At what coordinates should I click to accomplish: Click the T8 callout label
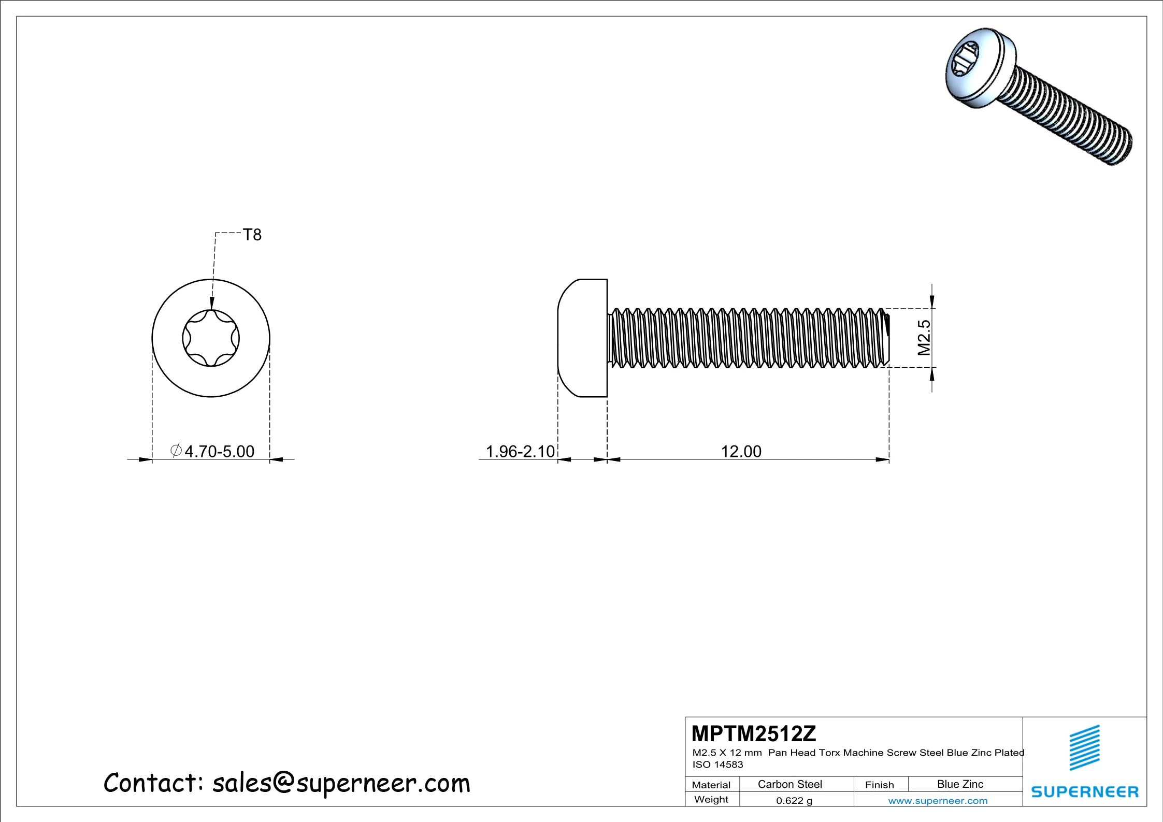click(252, 235)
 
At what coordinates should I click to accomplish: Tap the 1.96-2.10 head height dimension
click(520, 452)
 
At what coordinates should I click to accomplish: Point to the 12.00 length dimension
click(741, 452)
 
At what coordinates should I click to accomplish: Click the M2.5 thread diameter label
click(924, 337)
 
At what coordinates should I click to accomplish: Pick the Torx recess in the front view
click(211, 338)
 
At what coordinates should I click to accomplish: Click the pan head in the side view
click(582, 338)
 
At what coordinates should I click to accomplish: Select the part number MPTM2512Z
click(754, 734)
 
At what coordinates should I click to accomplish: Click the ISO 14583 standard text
click(718, 765)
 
